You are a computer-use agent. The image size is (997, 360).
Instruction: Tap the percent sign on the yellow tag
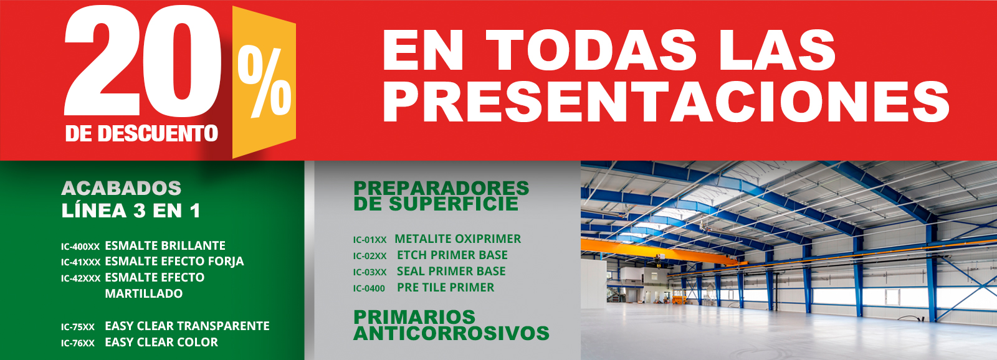point(265,83)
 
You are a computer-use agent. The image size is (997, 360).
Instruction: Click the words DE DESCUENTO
point(141,133)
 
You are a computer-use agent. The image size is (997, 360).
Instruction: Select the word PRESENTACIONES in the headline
point(665,102)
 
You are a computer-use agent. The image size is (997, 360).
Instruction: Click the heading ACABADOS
point(122,188)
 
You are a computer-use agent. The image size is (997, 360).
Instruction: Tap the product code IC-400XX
point(80,247)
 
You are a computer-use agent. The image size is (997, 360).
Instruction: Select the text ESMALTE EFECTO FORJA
point(174,262)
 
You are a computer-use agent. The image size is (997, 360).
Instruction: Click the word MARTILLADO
point(144,293)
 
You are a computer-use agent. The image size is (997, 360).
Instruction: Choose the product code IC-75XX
point(78,327)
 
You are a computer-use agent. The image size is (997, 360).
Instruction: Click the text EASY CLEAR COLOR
point(161,342)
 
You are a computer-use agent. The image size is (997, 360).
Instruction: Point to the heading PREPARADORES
point(441,187)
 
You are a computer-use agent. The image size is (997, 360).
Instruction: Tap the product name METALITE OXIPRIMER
point(458,239)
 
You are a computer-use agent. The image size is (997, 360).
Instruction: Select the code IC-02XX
point(370,256)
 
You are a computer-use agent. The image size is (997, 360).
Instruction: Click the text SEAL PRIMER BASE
point(451,272)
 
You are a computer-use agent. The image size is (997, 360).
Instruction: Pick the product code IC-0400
point(369,288)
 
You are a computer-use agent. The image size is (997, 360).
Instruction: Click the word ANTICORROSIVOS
point(451,333)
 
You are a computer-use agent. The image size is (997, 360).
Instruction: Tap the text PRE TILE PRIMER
point(446,288)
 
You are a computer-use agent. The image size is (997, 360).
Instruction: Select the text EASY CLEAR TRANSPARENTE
point(187,326)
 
